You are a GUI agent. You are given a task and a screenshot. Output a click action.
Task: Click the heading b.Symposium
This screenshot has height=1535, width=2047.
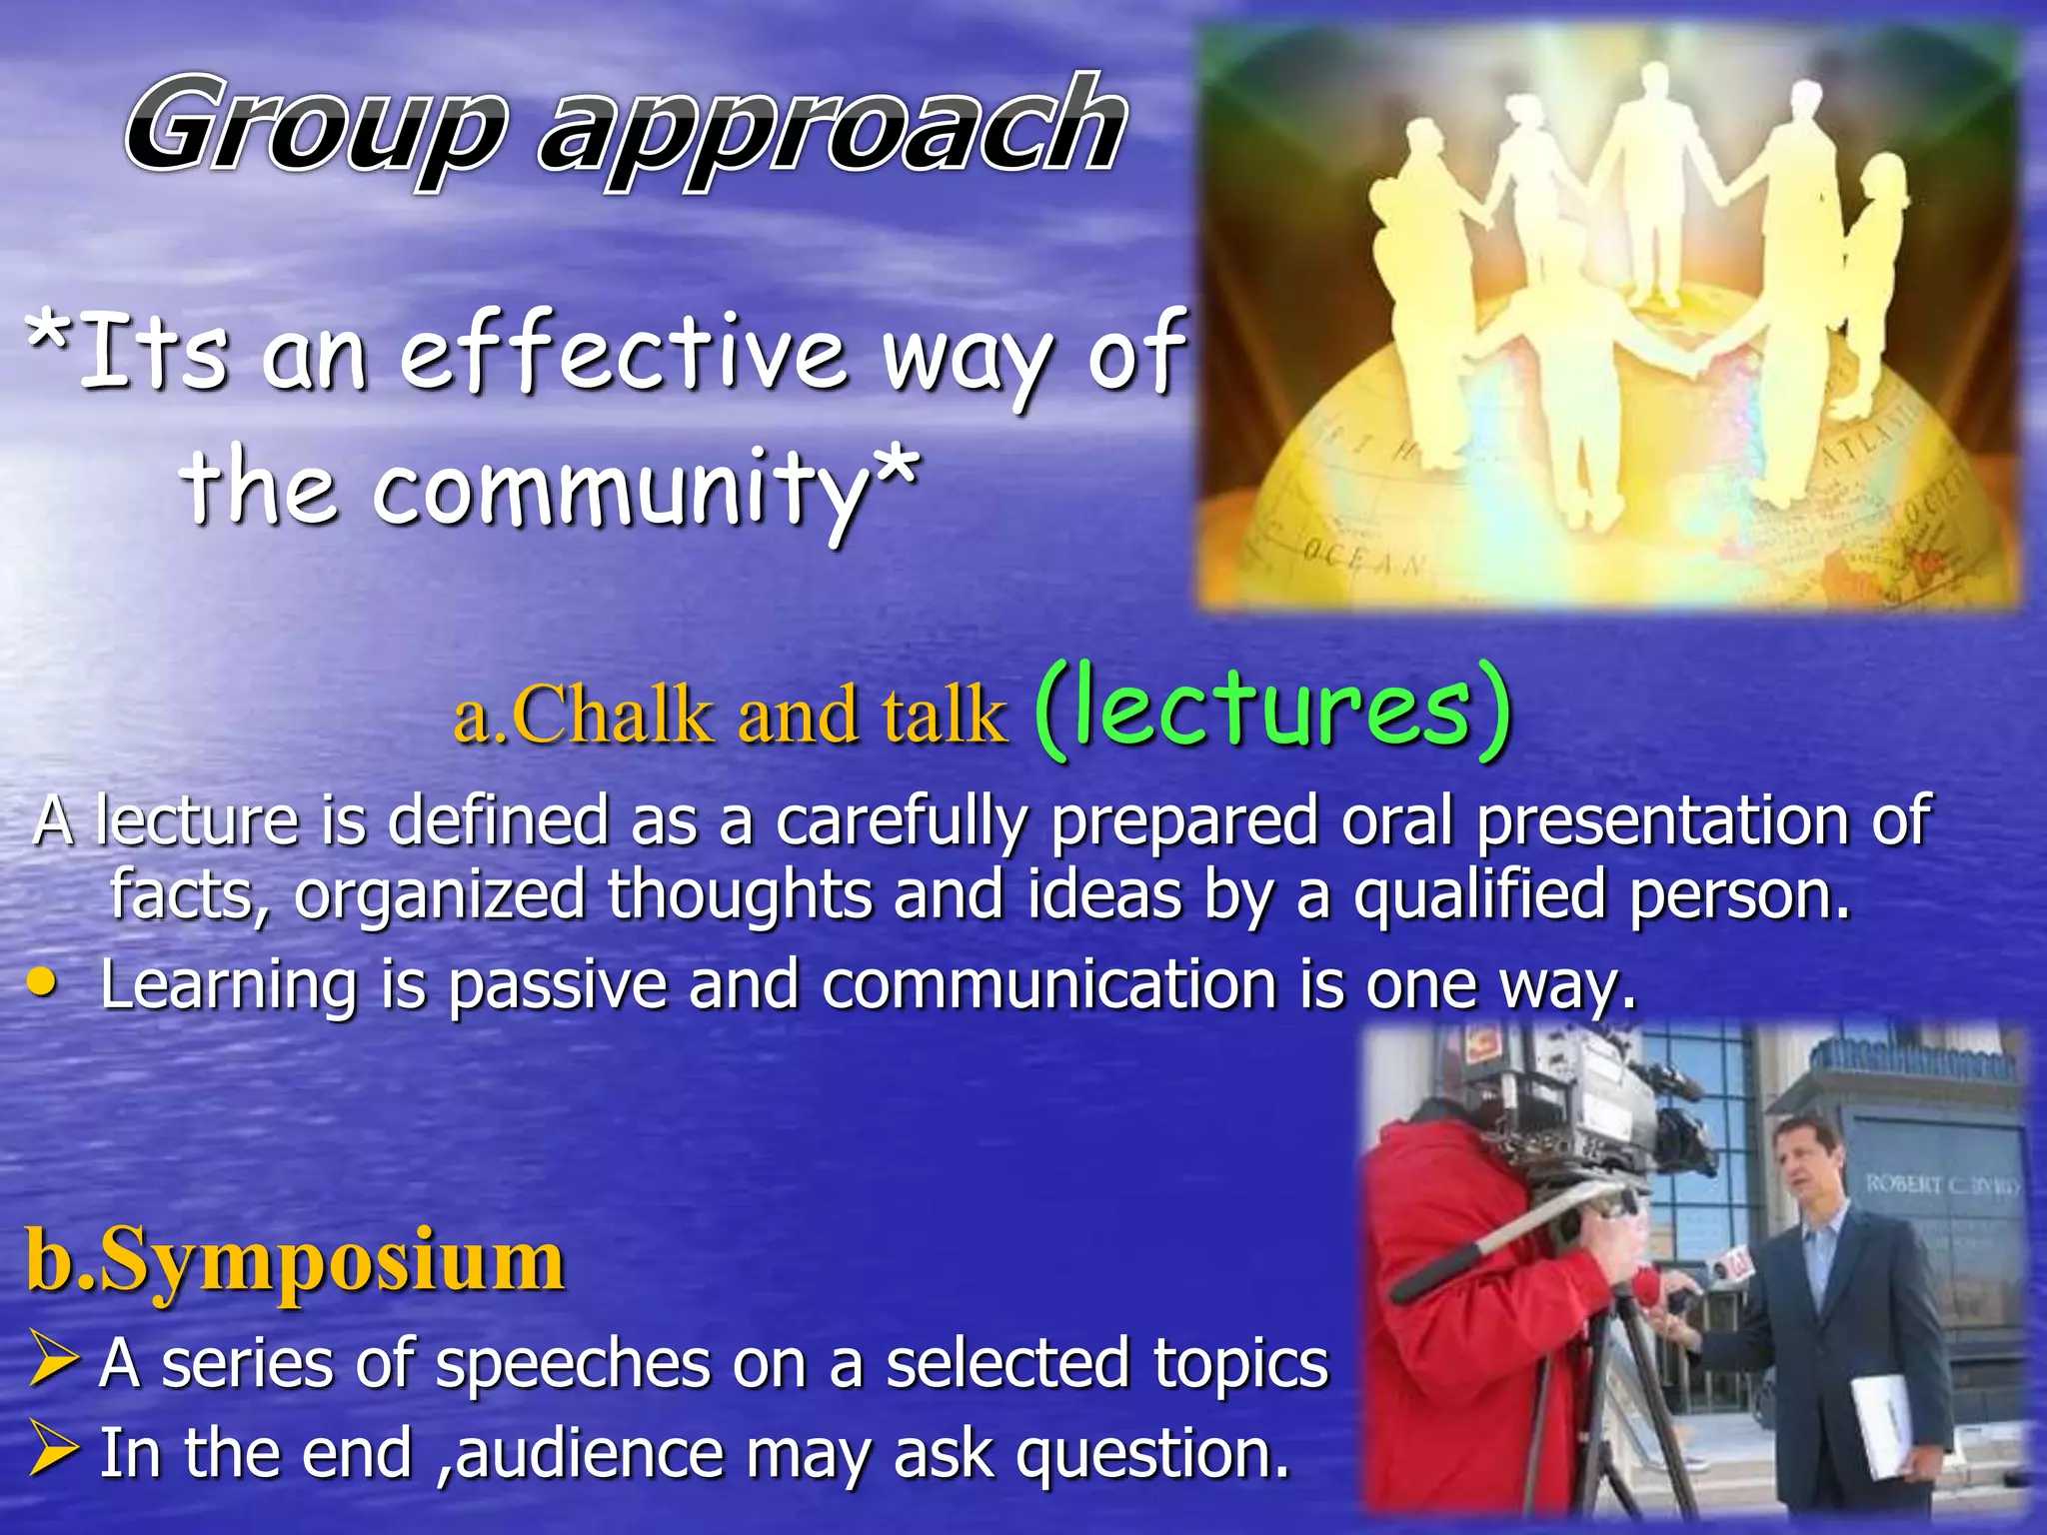click(x=296, y=1260)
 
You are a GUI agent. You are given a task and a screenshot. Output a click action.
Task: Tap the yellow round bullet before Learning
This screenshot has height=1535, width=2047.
click(x=42, y=983)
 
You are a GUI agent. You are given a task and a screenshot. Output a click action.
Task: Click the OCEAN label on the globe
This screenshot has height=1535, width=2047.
click(x=1365, y=560)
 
